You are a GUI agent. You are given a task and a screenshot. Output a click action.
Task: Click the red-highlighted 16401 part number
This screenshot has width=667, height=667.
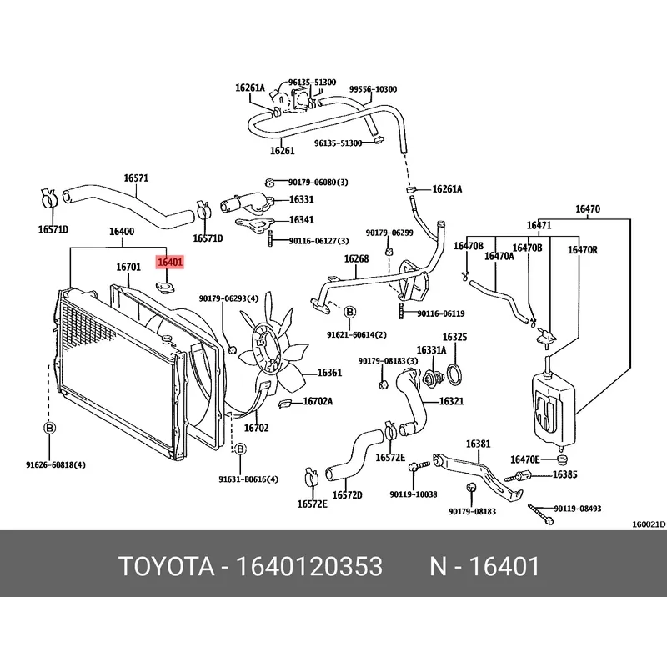(170, 262)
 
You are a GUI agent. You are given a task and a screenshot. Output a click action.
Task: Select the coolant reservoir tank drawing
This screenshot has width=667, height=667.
(551, 404)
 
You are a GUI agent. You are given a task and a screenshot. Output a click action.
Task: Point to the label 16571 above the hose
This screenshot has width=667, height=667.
(136, 178)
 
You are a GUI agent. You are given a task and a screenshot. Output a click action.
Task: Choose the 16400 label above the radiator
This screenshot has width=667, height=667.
(122, 231)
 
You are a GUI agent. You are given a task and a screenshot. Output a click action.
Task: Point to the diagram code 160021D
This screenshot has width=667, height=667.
(648, 524)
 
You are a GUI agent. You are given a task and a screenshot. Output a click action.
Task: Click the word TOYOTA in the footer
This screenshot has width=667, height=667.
(164, 568)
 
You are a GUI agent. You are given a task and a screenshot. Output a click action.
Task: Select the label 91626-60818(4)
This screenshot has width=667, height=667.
(50, 464)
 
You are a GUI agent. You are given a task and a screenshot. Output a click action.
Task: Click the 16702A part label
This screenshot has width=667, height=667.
(317, 402)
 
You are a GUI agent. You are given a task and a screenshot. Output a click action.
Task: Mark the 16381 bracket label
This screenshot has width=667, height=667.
(478, 444)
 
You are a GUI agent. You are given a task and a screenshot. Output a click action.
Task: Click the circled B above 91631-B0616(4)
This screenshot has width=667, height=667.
(240, 449)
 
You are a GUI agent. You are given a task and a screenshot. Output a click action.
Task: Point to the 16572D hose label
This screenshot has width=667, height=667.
(348, 495)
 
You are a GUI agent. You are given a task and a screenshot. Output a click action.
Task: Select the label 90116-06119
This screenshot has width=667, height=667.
(442, 314)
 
